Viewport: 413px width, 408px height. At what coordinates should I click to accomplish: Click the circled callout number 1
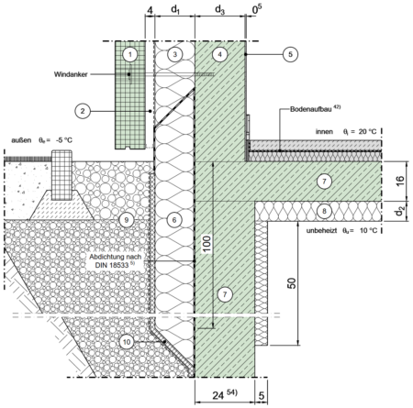pyautogui.click(x=130, y=55)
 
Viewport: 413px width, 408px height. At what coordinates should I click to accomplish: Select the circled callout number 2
pyautogui.click(x=83, y=111)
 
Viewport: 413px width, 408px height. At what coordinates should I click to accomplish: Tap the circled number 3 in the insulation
pyautogui.click(x=174, y=54)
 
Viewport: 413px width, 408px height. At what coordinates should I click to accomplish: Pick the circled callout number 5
pyautogui.click(x=290, y=54)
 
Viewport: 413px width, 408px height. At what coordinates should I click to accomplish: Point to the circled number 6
pyautogui.click(x=174, y=220)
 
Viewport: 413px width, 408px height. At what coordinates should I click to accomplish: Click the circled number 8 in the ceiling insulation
pyautogui.click(x=324, y=211)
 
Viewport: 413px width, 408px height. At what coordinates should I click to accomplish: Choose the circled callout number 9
pyautogui.click(x=127, y=220)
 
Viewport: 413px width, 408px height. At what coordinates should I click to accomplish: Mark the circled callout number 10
pyautogui.click(x=127, y=342)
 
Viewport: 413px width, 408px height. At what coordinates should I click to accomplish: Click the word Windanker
pyautogui.click(x=71, y=74)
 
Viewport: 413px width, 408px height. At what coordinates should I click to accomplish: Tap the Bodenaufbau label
pyautogui.click(x=311, y=109)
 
